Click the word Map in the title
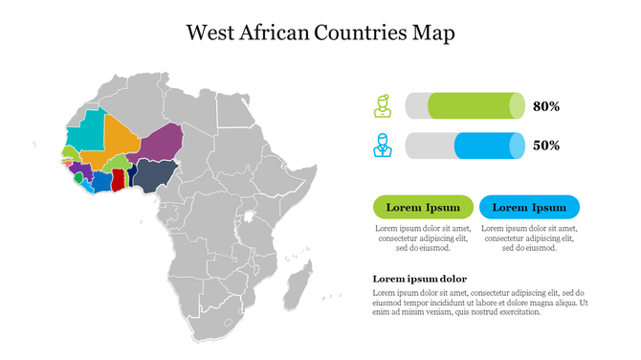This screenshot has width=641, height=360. coord(433,33)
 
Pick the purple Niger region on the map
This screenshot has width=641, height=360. coord(162,142)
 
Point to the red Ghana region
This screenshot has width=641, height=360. coord(118,180)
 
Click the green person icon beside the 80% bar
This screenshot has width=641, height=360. coord(383,105)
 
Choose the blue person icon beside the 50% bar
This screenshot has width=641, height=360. coord(383,146)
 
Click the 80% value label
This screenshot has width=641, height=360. coord(546,106)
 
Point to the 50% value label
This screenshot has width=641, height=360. coord(546,146)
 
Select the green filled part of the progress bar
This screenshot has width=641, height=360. coord(474,105)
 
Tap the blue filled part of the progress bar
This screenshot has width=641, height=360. coord(488,146)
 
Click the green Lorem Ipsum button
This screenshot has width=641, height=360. coord(422,207)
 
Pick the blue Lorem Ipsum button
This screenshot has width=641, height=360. coord(529,207)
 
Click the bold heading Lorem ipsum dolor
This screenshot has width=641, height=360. coord(419,279)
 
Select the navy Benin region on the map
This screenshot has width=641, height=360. coord(130,178)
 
